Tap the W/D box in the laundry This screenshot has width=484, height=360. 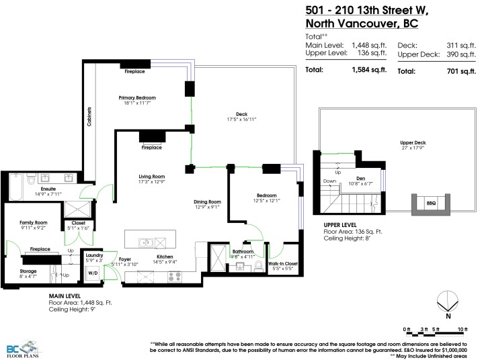(93, 273)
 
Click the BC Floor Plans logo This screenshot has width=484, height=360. (20, 347)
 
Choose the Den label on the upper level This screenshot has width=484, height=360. (360, 178)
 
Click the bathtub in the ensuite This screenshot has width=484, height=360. (15, 187)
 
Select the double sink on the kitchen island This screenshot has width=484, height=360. (145, 242)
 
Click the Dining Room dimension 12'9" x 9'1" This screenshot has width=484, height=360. (206, 207)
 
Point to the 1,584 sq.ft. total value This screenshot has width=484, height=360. (367, 70)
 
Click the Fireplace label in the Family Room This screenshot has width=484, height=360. (38, 249)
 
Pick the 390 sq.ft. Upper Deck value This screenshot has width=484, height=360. (454, 53)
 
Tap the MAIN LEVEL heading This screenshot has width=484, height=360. (65, 296)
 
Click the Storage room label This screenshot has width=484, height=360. (28, 271)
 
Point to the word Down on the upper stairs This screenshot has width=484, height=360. (329, 181)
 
